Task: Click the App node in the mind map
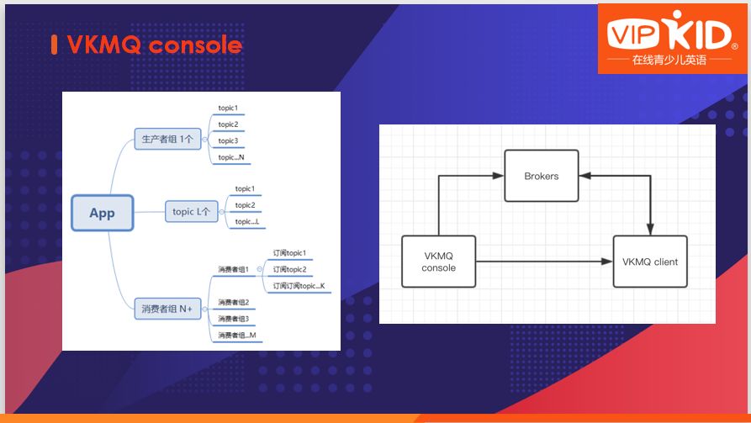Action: (x=102, y=213)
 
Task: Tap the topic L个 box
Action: (x=191, y=211)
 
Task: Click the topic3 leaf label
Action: (x=228, y=140)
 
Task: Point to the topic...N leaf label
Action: (x=231, y=157)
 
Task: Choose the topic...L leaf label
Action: (x=247, y=221)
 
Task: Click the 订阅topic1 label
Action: (x=289, y=252)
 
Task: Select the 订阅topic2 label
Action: (x=289, y=269)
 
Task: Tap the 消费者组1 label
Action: (x=233, y=269)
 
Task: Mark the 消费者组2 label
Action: (x=233, y=302)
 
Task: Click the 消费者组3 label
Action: (x=233, y=319)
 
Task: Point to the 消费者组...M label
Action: (x=236, y=336)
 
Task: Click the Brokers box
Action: (x=542, y=176)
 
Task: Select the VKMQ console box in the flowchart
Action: (x=438, y=262)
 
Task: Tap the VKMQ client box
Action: (x=650, y=262)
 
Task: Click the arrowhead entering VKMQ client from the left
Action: (x=608, y=262)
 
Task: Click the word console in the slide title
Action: (x=195, y=45)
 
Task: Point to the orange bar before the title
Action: (x=54, y=45)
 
